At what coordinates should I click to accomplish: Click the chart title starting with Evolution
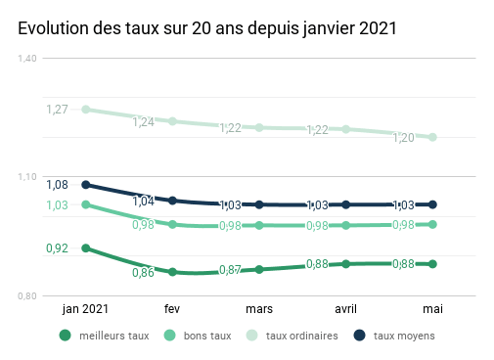207,29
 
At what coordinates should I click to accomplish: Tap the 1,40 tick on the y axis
27,59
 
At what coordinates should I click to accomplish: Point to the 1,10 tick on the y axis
27,177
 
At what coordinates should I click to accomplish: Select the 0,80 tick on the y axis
27,296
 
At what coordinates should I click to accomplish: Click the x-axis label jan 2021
85,309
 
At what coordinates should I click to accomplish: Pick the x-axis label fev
172,309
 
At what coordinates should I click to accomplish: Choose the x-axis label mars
259,309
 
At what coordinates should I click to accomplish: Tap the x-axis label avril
345,309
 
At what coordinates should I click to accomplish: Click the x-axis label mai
432,309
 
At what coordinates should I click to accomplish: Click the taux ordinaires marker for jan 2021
86,110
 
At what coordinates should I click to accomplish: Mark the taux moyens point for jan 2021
86,184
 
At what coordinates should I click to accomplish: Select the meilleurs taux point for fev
172,272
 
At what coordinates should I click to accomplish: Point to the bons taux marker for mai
432,224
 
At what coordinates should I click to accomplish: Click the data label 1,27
58,109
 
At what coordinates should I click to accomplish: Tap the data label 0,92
58,248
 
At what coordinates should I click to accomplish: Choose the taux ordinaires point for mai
432,137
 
